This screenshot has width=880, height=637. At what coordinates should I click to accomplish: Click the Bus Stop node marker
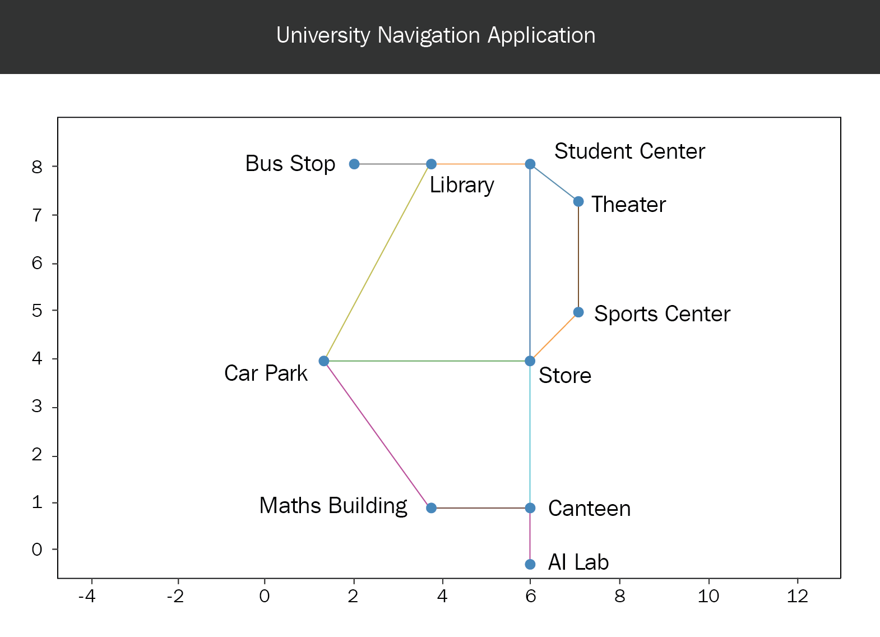click(x=354, y=164)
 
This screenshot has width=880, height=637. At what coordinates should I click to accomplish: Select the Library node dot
click(x=431, y=164)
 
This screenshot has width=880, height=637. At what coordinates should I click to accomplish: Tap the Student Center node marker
click(x=530, y=164)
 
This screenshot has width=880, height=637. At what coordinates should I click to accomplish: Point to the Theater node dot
click(x=578, y=202)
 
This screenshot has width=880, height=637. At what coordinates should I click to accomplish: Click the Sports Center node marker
click(x=578, y=312)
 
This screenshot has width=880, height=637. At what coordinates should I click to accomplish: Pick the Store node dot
click(x=530, y=361)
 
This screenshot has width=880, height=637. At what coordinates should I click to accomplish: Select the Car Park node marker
click(x=324, y=361)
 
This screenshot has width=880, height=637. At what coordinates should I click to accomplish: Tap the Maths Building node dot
click(x=431, y=507)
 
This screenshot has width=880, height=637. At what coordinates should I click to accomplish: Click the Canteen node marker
click(x=530, y=507)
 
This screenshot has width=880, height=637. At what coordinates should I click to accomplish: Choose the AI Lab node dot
click(x=530, y=564)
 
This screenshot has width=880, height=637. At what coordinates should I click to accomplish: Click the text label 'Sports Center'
click(x=662, y=313)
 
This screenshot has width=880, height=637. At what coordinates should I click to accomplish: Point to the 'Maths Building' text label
click(x=333, y=506)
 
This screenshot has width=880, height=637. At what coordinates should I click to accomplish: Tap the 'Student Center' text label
click(x=630, y=151)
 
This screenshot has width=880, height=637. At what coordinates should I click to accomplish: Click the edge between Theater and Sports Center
click(x=578, y=257)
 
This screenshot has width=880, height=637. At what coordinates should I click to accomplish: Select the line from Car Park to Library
click(x=378, y=262)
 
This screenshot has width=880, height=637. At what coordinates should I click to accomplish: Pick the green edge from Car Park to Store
click(x=427, y=361)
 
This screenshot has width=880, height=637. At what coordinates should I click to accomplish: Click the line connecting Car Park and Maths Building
click(x=378, y=434)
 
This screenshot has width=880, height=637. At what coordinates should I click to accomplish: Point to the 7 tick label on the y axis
click(x=37, y=215)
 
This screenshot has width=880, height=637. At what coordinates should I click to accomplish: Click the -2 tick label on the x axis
click(x=175, y=596)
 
